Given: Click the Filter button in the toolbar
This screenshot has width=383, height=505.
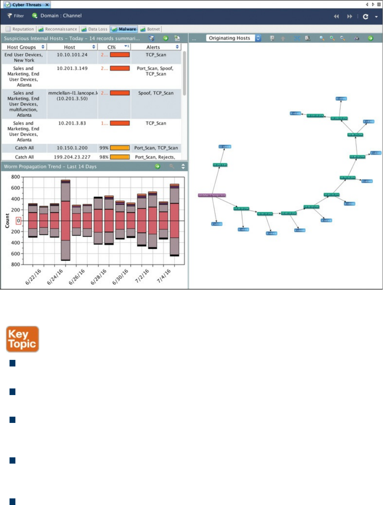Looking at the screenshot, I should tap(15, 16).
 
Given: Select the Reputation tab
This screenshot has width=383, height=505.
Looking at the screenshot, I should tap(20, 29).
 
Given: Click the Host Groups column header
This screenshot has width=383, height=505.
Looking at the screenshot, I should tap(22, 47).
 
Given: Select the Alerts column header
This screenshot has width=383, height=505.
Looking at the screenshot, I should tap(153, 47).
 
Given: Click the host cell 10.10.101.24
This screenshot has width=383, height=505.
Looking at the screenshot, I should tap(72, 55).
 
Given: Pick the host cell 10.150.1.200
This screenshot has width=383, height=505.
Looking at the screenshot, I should tap(72, 148).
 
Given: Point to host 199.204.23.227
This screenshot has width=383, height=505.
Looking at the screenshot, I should tap(72, 157).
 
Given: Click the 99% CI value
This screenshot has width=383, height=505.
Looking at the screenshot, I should tap(104, 148).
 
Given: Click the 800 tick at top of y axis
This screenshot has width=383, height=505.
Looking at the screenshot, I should tap(15, 177).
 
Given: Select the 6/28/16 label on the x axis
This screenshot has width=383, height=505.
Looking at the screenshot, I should tap(99, 277).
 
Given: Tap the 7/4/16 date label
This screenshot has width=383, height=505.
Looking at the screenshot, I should tap(164, 276).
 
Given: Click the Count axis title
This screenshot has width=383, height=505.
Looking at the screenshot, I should tap(7, 221).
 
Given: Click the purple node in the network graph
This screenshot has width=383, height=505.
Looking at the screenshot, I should tap(212, 195).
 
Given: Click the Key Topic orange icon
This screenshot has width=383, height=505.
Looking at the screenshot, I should tap(22, 339).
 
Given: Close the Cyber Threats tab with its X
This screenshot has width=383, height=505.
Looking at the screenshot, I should tap(47, 5).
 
